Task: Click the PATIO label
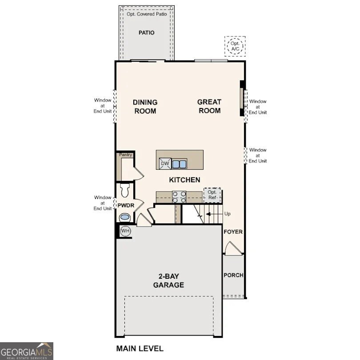point(146,32)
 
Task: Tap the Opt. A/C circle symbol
point(235,46)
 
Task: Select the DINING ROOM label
point(145,107)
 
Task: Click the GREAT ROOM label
point(209,106)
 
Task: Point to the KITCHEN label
point(184,180)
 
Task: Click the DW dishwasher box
point(165,164)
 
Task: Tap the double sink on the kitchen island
point(180,164)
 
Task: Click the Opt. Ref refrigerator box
point(212,195)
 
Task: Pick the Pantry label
point(125,155)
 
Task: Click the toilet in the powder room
point(124,190)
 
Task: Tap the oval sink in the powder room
point(125,218)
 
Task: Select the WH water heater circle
point(125,231)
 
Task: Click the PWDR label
point(125,205)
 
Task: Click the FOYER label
point(233,232)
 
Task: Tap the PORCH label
point(233,275)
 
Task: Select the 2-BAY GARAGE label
point(168,281)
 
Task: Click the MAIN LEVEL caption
point(140,348)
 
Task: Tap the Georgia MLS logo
point(27,351)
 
